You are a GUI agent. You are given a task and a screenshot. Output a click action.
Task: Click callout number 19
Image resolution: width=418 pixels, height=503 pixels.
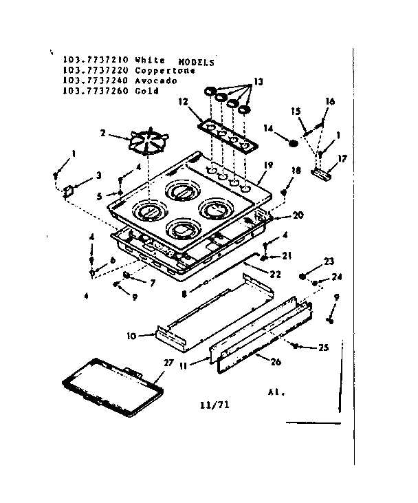click(269, 165)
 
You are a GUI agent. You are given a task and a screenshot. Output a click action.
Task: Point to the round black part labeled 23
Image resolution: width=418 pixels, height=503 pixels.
click(302, 276)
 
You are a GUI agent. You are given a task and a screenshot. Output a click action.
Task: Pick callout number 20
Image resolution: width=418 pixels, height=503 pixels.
click(298, 215)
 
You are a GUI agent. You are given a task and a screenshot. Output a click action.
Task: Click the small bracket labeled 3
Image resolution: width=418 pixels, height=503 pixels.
click(69, 189)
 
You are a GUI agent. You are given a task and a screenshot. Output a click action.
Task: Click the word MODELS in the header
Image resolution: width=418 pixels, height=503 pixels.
click(198, 62)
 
